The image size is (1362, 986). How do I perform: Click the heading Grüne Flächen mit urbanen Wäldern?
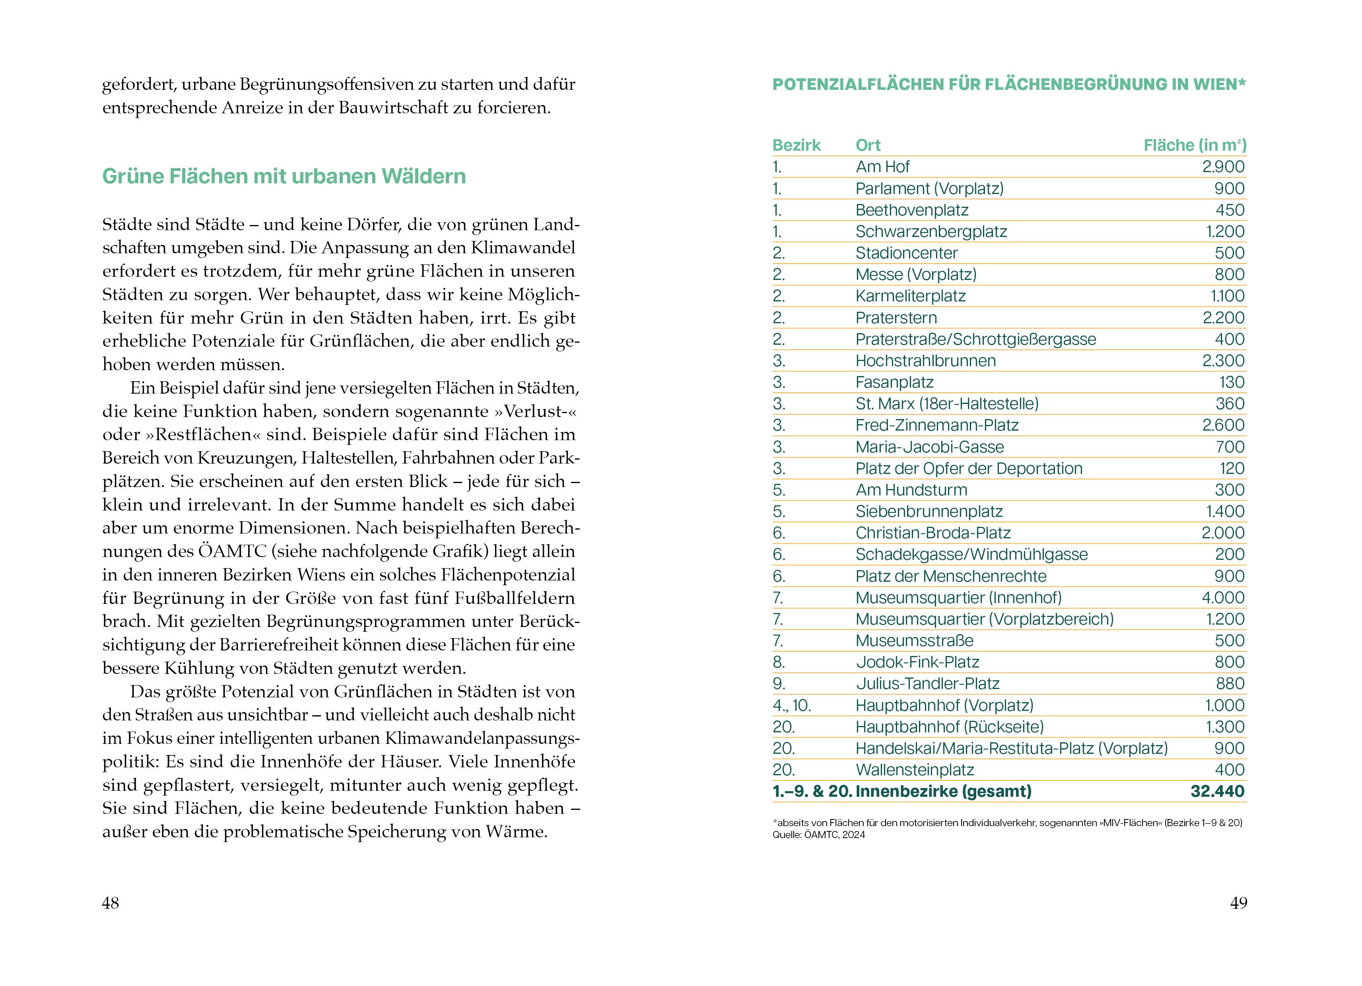tap(284, 176)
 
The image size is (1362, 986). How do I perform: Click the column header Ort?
tap(868, 146)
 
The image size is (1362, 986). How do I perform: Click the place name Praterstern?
tap(896, 318)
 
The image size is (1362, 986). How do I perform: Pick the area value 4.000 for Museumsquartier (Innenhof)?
tap(1223, 598)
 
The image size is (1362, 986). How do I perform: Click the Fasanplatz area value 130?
tap(1232, 382)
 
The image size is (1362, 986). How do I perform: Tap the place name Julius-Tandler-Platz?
tap(927, 684)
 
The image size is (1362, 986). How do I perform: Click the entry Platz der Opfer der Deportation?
tap(969, 468)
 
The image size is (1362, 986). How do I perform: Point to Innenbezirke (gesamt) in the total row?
tap(943, 792)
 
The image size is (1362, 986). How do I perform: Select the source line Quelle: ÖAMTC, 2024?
tap(818, 835)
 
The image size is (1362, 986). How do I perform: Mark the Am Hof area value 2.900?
tap(1223, 167)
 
